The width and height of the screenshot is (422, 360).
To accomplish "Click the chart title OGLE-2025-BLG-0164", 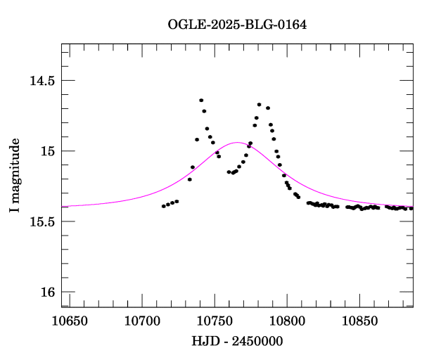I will (237, 25).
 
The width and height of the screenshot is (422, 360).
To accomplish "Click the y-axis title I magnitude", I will (15, 175).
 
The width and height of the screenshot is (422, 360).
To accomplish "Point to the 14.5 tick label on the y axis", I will (41, 81).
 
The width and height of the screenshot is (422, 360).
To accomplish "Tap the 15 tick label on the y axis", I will (47, 151).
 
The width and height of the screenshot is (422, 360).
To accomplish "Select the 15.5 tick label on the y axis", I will (41, 221).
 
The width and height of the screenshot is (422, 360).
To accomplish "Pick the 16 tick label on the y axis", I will (47, 292).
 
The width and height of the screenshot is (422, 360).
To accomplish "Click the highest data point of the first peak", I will (201, 101).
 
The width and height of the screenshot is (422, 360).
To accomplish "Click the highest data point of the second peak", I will (260, 105).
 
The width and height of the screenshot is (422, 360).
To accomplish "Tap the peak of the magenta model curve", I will (237, 143).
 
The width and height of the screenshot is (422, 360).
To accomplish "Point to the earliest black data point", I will (163, 206).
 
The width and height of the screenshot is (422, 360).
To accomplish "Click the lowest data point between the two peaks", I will (229, 172).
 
